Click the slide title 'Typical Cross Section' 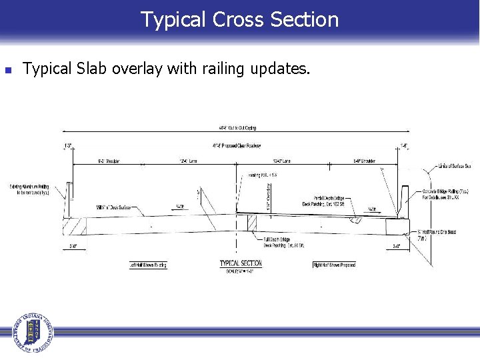click(239, 19)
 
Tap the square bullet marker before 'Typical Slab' click(7, 69)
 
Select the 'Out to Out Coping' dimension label click(237, 128)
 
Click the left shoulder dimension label click(108, 161)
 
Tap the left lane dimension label click(188, 161)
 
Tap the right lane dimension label click(282, 161)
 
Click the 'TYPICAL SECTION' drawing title click(241, 263)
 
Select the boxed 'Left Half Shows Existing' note click(148, 265)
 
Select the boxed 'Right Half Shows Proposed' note click(334, 265)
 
